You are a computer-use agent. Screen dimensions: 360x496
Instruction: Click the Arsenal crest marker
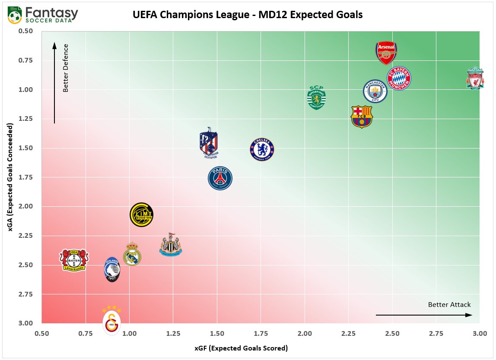(x=386, y=53)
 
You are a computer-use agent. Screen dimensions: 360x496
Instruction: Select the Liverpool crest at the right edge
(x=475, y=78)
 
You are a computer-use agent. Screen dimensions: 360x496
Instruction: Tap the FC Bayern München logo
(x=398, y=78)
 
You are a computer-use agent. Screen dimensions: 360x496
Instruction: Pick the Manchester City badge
(x=375, y=91)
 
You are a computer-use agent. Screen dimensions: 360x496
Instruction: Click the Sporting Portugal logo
(x=316, y=98)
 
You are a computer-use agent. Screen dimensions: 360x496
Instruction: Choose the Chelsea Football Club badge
(x=262, y=149)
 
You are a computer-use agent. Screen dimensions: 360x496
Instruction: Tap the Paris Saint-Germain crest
(x=220, y=178)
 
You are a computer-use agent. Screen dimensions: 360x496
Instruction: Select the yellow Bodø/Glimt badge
(x=142, y=215)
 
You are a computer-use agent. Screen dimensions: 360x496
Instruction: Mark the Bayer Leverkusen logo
(x=74, y=260)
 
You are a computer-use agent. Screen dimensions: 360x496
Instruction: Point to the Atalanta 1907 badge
(x=112, y=269)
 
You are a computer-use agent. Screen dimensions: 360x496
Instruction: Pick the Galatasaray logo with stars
(x=111, y=320)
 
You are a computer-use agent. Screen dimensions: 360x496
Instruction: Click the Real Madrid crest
(x=132, y=254)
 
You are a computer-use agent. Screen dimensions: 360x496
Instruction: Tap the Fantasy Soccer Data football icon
(x=15, y=16)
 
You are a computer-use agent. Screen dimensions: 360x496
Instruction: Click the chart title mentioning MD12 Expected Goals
(x=248, y=15)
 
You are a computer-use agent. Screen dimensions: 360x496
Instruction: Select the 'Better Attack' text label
(x=449, y=305)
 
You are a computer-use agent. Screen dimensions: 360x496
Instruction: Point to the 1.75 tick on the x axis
(x=261, y=334)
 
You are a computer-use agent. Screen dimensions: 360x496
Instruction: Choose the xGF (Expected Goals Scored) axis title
(x=248, y=348)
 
